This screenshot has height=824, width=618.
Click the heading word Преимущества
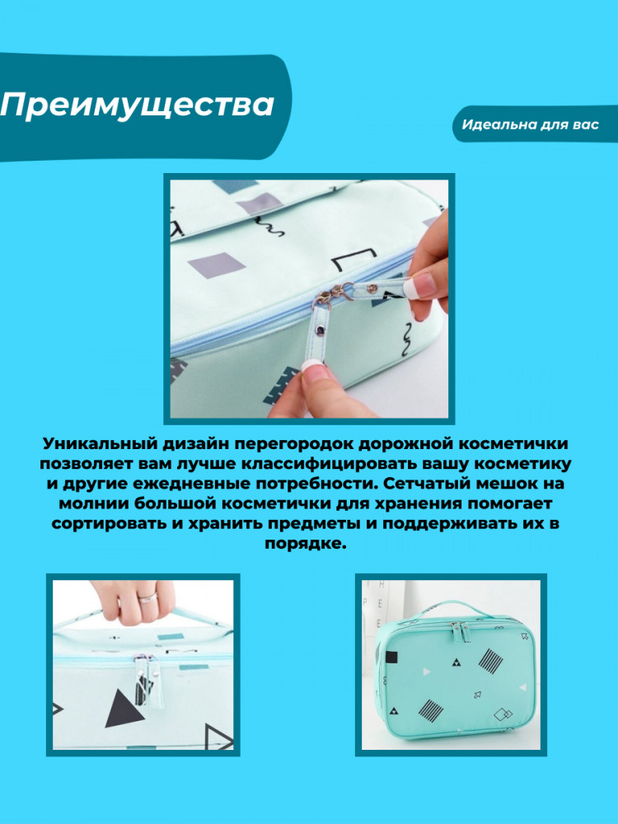(x=138, y=106)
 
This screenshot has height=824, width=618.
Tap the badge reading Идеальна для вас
(x=531, y=125)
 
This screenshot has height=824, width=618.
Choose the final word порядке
(x=306, y=544)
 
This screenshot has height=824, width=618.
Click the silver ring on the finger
(x=147, y=597)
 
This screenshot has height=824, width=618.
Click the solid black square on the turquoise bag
(x=391, y=657)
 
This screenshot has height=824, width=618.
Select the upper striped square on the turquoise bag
(x=491, y=661)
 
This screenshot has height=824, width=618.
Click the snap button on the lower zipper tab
(x=319, y=330)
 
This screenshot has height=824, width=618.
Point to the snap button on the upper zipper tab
(x=372, y=287)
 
